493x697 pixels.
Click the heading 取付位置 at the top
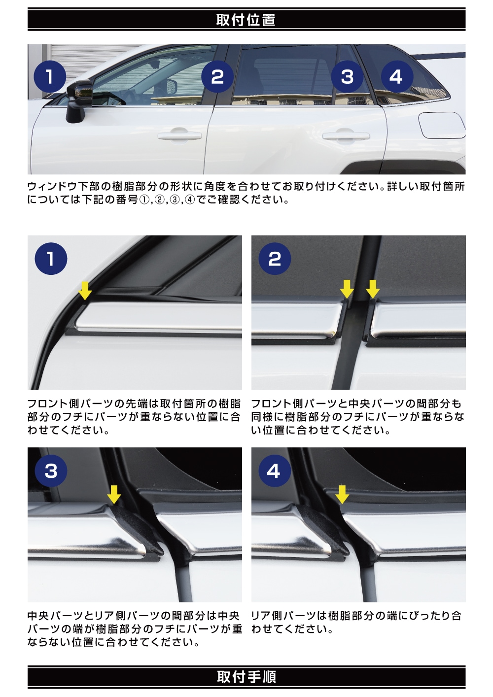[246, 20]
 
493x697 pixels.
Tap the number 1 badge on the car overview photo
[50, 76]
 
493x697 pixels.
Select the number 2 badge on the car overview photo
[217, 76]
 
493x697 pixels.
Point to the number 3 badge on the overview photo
[347, 76]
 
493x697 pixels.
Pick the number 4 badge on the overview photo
[397, 76]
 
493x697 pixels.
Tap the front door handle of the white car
[179, 135]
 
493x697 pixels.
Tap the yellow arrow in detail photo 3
[114, 495]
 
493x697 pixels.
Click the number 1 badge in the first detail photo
[51, 259]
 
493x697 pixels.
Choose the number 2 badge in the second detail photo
[275, 259]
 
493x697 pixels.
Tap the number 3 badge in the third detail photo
[51, 471]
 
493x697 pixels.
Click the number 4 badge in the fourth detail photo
[275, 471]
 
